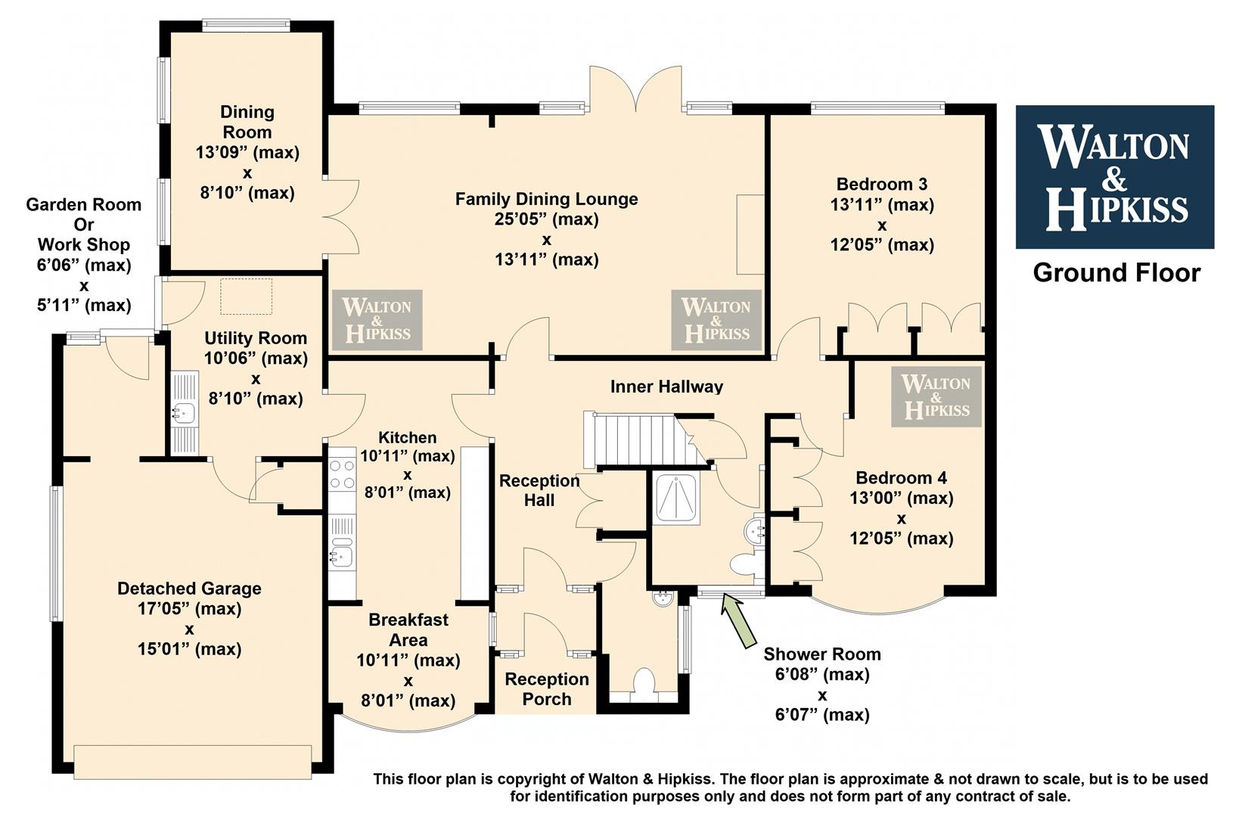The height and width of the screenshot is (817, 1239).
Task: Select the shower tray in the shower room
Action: tap(676, 498)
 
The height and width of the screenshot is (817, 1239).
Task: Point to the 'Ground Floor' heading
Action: tap(1116, 272)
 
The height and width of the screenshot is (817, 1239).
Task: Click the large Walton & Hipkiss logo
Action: tap(1115, 177)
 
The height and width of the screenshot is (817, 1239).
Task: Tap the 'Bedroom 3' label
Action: tap(882, 184)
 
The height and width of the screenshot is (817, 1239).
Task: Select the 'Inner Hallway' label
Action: tap(666, 386)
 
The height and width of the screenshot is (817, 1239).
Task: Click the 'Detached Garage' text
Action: tap(189, 588)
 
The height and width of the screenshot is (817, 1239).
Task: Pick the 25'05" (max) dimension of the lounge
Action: tap(546, 219)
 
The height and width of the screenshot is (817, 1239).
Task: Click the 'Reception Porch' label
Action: tap(546, 688)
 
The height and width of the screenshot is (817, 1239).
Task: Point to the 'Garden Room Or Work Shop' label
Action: tap(83, 224)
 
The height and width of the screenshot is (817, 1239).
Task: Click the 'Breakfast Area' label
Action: tap(408, 629)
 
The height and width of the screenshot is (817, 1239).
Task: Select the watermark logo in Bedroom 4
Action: tap(936, 396)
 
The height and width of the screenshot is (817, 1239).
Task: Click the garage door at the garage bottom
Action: tap(192, 763)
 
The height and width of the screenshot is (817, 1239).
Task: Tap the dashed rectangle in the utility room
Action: tap(246, 297)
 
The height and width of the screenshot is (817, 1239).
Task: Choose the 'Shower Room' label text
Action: tap(822, 654)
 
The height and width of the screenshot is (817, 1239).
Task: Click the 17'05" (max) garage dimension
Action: tap(189, 608)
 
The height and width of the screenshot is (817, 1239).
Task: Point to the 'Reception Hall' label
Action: tap(539, 490)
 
